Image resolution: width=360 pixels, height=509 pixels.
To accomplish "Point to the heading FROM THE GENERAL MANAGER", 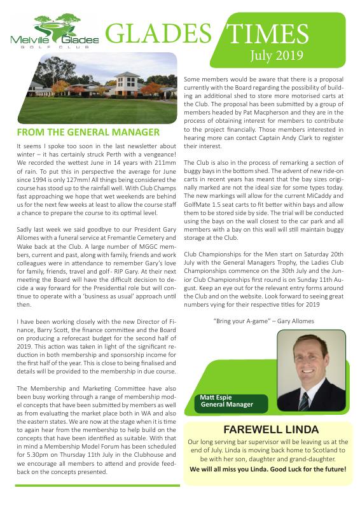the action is (88, 132).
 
